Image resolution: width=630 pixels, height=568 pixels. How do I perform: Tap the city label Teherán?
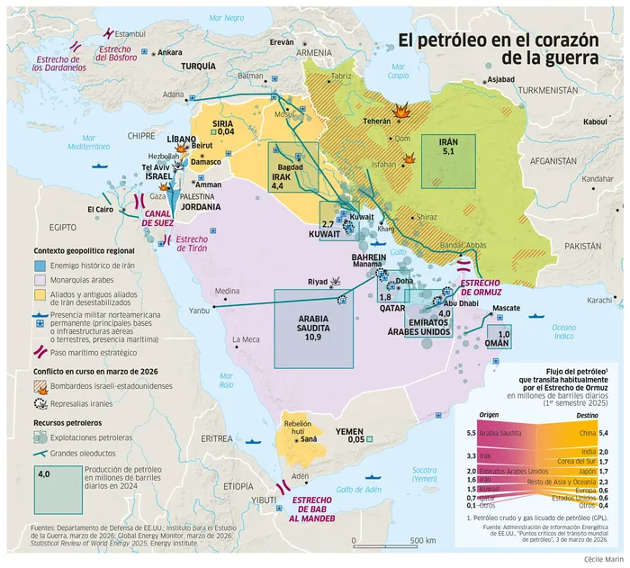(x=375, y=121)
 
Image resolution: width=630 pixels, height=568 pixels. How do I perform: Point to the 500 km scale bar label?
(x=424, y=540)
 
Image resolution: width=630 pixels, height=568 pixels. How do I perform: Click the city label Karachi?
(x=598, y=300)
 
